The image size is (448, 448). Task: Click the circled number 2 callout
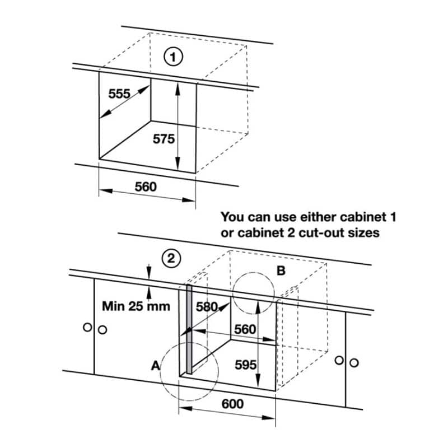(x=170, y=259)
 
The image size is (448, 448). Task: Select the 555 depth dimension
(x=119, y=94)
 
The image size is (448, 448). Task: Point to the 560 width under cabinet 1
(x=146, y=187)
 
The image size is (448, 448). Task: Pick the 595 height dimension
(x=245, y=365)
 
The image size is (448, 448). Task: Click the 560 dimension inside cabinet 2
(x=245, y=330)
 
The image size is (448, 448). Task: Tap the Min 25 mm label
(x=131, y=306)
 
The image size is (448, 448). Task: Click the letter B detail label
(x=281, y=271)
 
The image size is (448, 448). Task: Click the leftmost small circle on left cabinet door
(x=87, y=327)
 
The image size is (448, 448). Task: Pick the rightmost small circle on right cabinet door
(x=354, y=362)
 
